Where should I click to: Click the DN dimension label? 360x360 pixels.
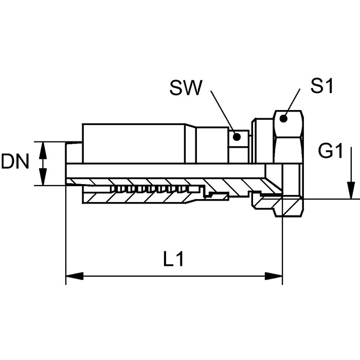point(15,161)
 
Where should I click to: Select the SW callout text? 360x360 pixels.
point(186,88)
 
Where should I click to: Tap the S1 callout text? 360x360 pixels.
point(321,85)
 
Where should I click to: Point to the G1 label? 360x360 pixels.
point(330,151)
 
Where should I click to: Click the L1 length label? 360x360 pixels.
point(174,259)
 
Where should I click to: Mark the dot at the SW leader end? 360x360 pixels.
point(237,137)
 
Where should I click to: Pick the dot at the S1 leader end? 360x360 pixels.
point(283,119)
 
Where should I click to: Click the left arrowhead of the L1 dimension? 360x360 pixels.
point(75,276)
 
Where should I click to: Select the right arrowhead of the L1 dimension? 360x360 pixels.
point(274,276)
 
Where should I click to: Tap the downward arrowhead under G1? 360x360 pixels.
point(351,190)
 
